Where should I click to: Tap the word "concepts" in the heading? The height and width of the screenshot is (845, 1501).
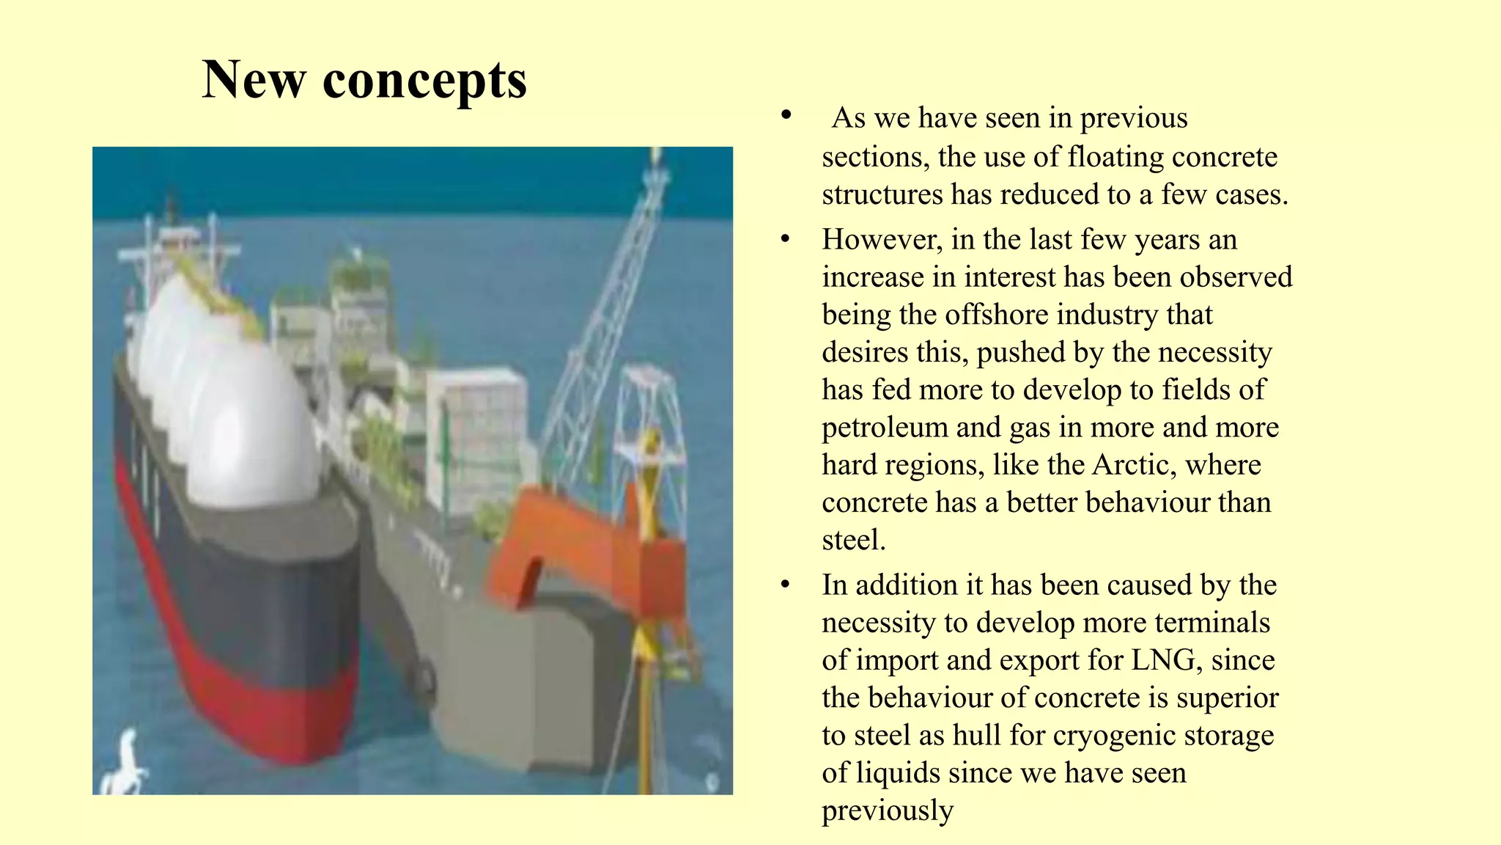point(424,81)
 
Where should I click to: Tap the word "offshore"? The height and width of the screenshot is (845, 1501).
point(996,315)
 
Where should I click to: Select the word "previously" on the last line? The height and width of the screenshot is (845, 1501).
point(888,811)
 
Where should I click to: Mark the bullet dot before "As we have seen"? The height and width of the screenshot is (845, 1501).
point(786,116)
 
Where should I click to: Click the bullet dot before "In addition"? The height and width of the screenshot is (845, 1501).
point(786,585)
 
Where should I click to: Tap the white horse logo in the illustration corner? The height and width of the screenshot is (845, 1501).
point(125,763)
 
